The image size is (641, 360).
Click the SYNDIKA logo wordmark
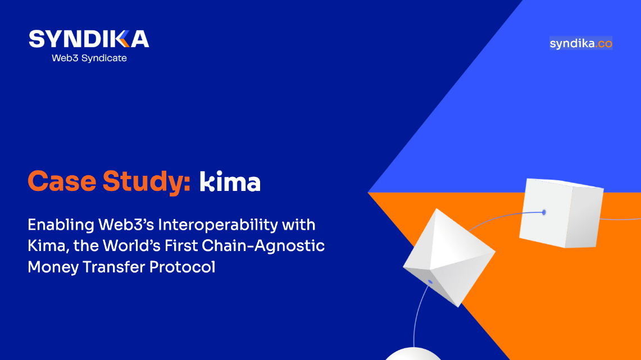pyautogui.click(x=89, y=39)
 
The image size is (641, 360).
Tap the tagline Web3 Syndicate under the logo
pyautogui.click(x=89, y=58)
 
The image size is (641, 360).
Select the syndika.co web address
pyautogui.click(x=581, y=43)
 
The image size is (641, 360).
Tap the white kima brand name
pyautogui.click(x=230, y=181)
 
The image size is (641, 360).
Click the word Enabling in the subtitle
pyautogui.click(x=61, y=225)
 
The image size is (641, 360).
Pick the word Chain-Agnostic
pyautogui.click(x=263, y=246)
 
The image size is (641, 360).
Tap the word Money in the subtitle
pyautogui.click(x=53, y=267)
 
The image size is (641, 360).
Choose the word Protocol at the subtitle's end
pyautogui.click(x=182, y=267)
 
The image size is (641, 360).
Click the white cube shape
pyautogui.click(x=561, y=213)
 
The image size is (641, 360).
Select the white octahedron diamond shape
pyautogui.click(x=449, y=257)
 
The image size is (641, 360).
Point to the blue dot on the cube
pyautogui.click(x=544, y=212)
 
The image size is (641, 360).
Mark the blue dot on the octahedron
pyautogui.click(x=430, y=282)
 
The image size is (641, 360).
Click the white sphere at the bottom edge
pyautogui.click(x=413, y=354)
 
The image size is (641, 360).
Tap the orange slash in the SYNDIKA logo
pyautogui.click(x=124, y=39)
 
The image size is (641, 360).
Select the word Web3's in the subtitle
pyautogui.click(x=126, y=225)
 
